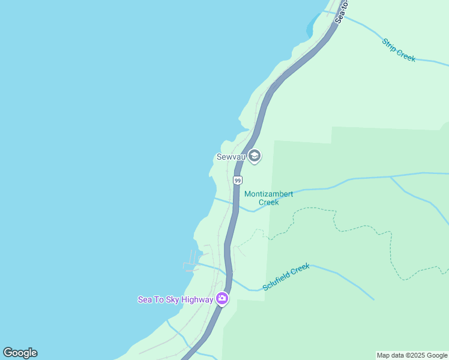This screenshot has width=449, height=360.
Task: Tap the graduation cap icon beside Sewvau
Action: [x=255, y=157]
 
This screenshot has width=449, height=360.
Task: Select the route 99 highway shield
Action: [x=238, y=180]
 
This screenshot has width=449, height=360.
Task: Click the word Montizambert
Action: [x=268, y=194]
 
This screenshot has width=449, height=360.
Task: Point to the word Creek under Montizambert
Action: [x=268, y=202]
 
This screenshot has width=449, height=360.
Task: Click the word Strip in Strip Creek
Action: [x=391, y=46]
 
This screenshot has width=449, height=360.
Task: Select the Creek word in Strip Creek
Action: [x=406, y=55]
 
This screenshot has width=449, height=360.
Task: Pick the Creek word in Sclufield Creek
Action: [x=301, y=268]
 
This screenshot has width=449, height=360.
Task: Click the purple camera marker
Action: [x=222, y=298]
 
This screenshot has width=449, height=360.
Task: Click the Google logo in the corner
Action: [x=20, y=353]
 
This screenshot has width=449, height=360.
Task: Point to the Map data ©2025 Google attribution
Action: [x=412, y=356]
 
